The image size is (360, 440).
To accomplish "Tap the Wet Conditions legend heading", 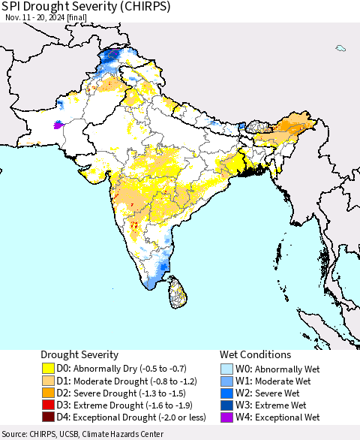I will coord(256,354).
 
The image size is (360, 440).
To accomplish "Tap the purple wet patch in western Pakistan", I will coord(57,125).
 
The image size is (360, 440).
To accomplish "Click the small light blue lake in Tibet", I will coord(340,49).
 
